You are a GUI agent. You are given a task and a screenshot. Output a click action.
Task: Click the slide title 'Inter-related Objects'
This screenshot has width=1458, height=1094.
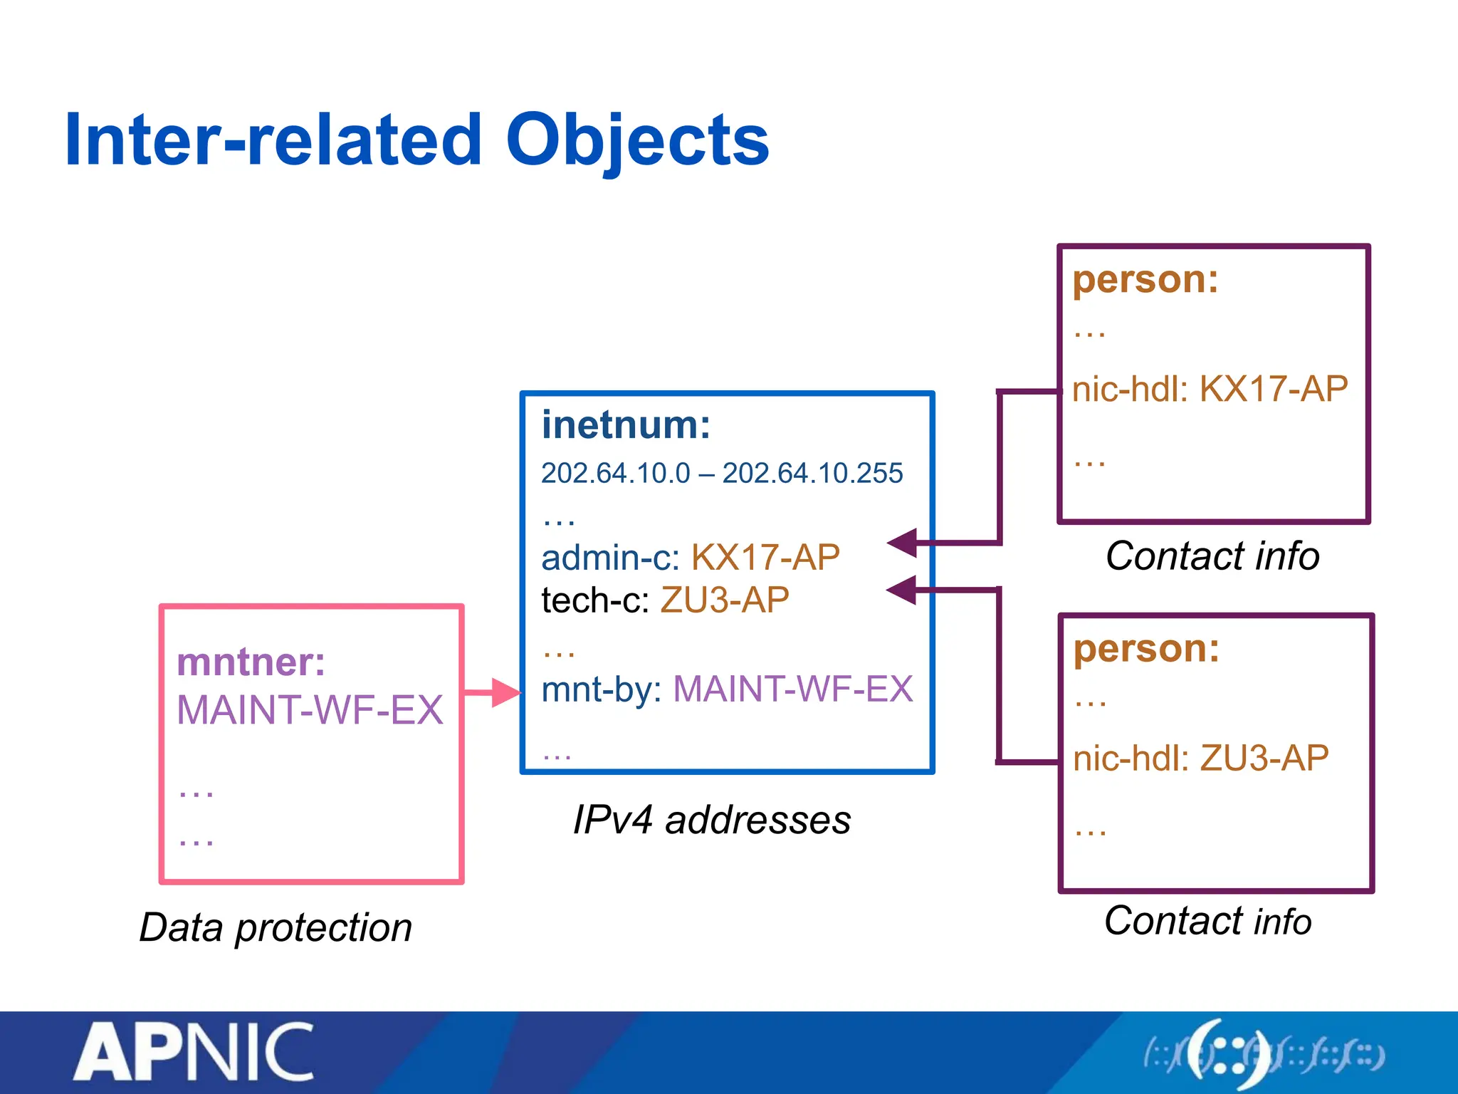click(x=416, y=140)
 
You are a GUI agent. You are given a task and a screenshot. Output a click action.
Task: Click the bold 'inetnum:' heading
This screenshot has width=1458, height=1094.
click(x=626, y=425)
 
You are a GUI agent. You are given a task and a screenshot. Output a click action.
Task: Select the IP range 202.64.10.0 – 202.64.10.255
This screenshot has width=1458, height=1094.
click(x=721, y=474)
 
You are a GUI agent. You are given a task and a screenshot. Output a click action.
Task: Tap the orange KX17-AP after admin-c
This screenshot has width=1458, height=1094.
click(x=765, y=557)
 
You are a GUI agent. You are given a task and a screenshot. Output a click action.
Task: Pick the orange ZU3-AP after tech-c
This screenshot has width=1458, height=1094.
click(x=725, y=600)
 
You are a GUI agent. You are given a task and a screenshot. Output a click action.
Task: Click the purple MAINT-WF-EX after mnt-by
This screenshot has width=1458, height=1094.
click(x=792, y=689)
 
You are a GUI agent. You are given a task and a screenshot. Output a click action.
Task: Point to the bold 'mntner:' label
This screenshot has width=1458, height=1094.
click(x=251, y=662)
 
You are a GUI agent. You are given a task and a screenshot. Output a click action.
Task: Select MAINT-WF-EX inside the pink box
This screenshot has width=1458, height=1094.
click(x=310, y=710)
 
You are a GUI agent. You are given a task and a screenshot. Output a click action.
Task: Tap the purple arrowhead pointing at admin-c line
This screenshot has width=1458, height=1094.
click(x=902, y=543)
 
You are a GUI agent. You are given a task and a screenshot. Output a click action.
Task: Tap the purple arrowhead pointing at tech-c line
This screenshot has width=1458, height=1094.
click(x=901, y=590)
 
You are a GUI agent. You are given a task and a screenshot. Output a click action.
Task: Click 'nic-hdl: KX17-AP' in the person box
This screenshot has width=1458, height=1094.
click(x=1210, y=390)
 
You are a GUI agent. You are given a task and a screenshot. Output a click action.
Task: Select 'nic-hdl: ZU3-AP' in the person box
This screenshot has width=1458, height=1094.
click(x=1200, y=758)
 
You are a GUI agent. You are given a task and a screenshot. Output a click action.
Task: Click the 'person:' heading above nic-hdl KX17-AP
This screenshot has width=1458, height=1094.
click(x=1145, y=278)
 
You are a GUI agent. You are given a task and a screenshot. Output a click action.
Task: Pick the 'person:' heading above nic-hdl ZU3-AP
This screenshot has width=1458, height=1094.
click(x=1146, y=648)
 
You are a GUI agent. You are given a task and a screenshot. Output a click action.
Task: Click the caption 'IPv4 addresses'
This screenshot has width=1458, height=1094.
click(x=712, y=820)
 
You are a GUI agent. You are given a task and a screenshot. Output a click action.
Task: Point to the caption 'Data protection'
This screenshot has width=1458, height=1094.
click(x=276, y=927)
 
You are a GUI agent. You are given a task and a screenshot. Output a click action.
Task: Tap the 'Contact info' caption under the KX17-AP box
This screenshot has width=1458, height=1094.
click(x=1212, y=556)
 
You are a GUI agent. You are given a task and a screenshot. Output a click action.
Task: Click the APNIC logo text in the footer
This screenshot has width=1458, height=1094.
click(x=194, y=1053)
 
